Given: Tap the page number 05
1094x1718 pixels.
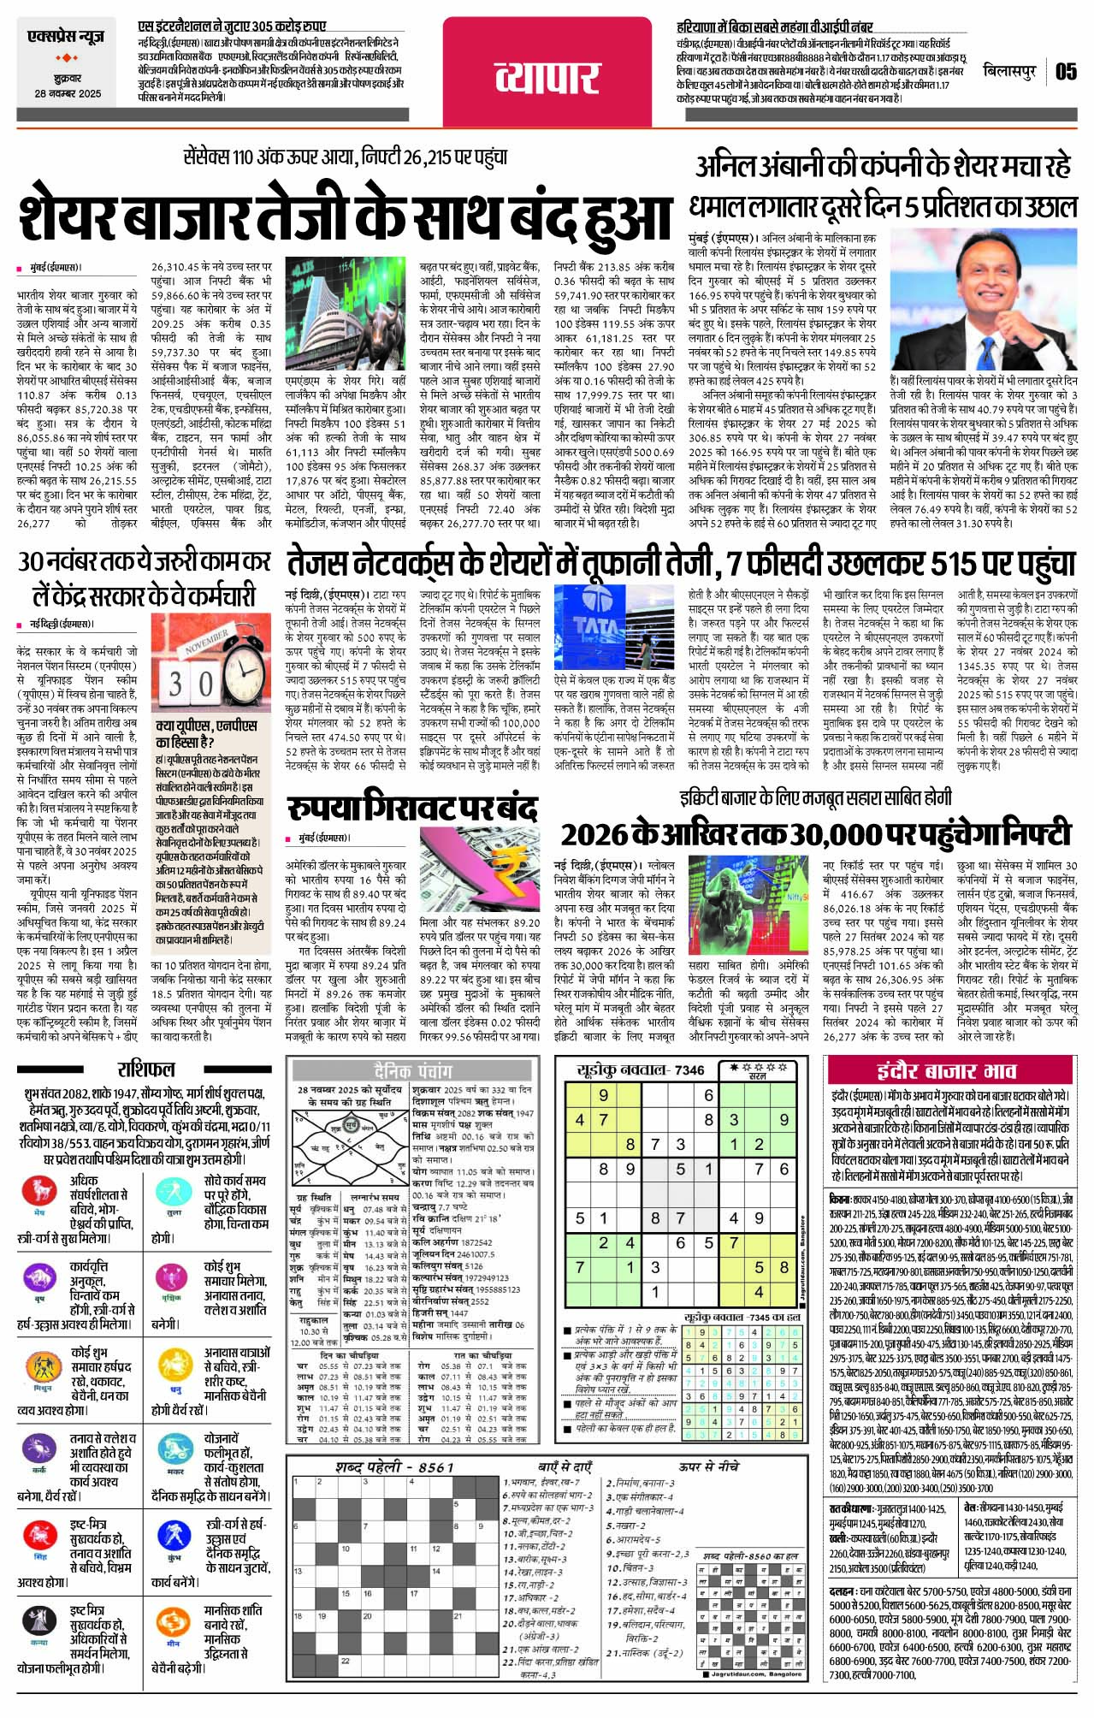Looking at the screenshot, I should [x=1066, y=71].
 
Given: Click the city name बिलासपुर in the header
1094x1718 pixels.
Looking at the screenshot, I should [x=1009, y=70].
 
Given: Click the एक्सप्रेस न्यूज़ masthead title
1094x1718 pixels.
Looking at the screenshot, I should [x=66, y=38].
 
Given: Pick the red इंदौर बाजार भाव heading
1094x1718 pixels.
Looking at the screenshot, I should [x=946, y=1071].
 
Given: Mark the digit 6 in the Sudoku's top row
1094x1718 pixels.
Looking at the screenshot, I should [x=709, y=1094].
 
